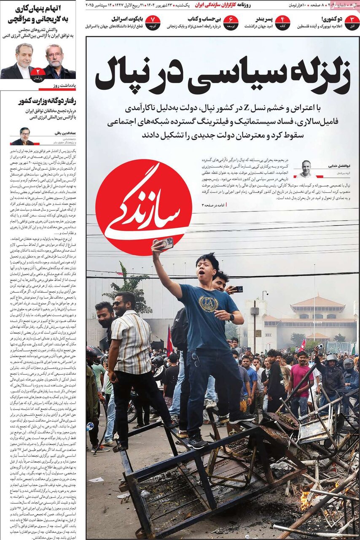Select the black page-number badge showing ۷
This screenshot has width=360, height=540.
(x=153, y=22)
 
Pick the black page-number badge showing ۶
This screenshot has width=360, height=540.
(x=231, y=22)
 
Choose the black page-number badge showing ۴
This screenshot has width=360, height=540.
(x=282, y=22)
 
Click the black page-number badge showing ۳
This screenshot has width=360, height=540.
(x=352, y=22)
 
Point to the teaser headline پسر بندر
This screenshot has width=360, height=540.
(x=264, y=19)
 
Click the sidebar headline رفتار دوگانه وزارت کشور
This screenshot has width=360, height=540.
(x=47, y=102)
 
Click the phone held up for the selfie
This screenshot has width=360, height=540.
(x=166, y=243)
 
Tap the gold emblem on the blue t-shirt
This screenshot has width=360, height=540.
(x=209, y=303)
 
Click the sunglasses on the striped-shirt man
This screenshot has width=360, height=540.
(x=118, y=303)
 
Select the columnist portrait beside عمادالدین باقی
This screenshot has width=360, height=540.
(x=24, y=136)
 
